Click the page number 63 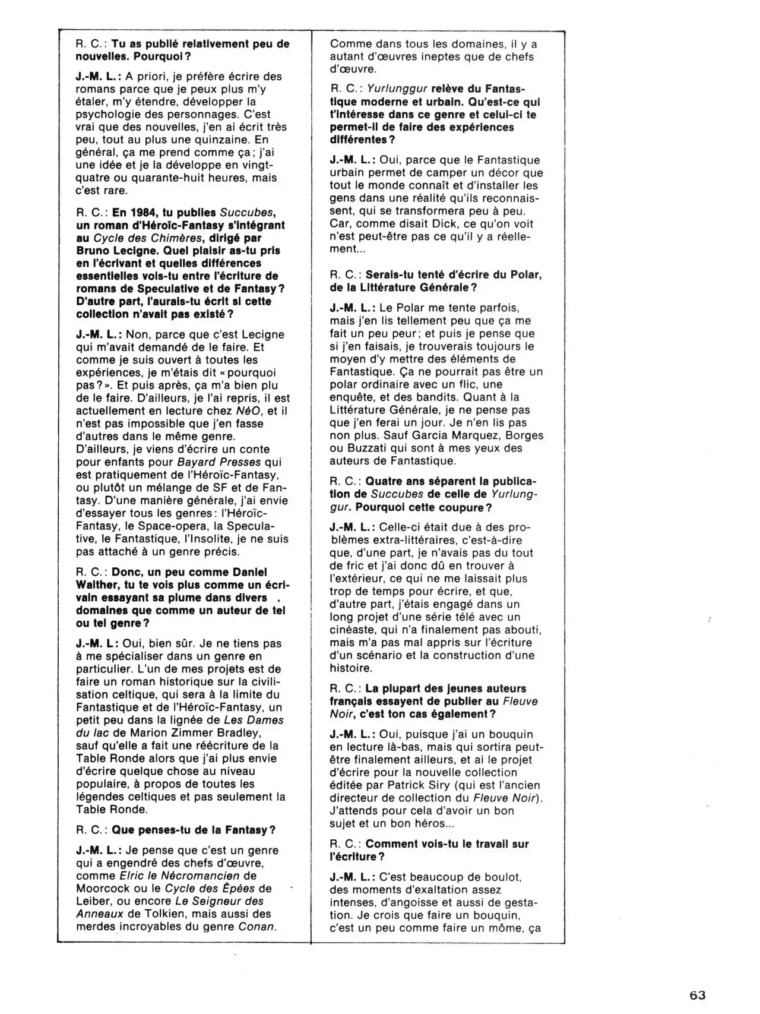tap(698, 995)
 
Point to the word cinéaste tap(353, 630)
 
